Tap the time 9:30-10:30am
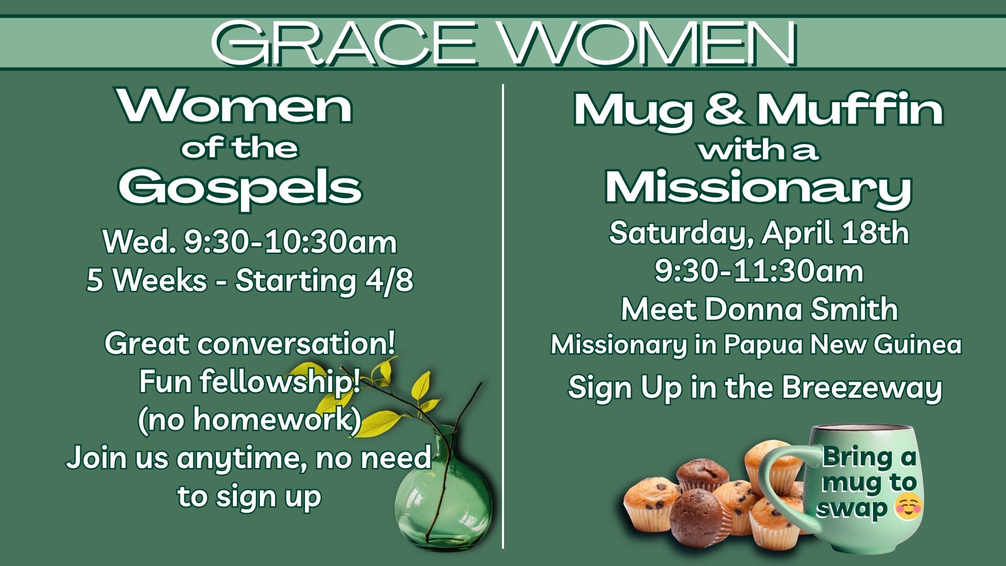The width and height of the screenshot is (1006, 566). coord(290,242)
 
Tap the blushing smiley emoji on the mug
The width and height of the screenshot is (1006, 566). coord(909,507)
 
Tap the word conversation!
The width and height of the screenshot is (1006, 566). coord(297,343)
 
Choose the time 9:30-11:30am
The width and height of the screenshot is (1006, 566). coord(759,271)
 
